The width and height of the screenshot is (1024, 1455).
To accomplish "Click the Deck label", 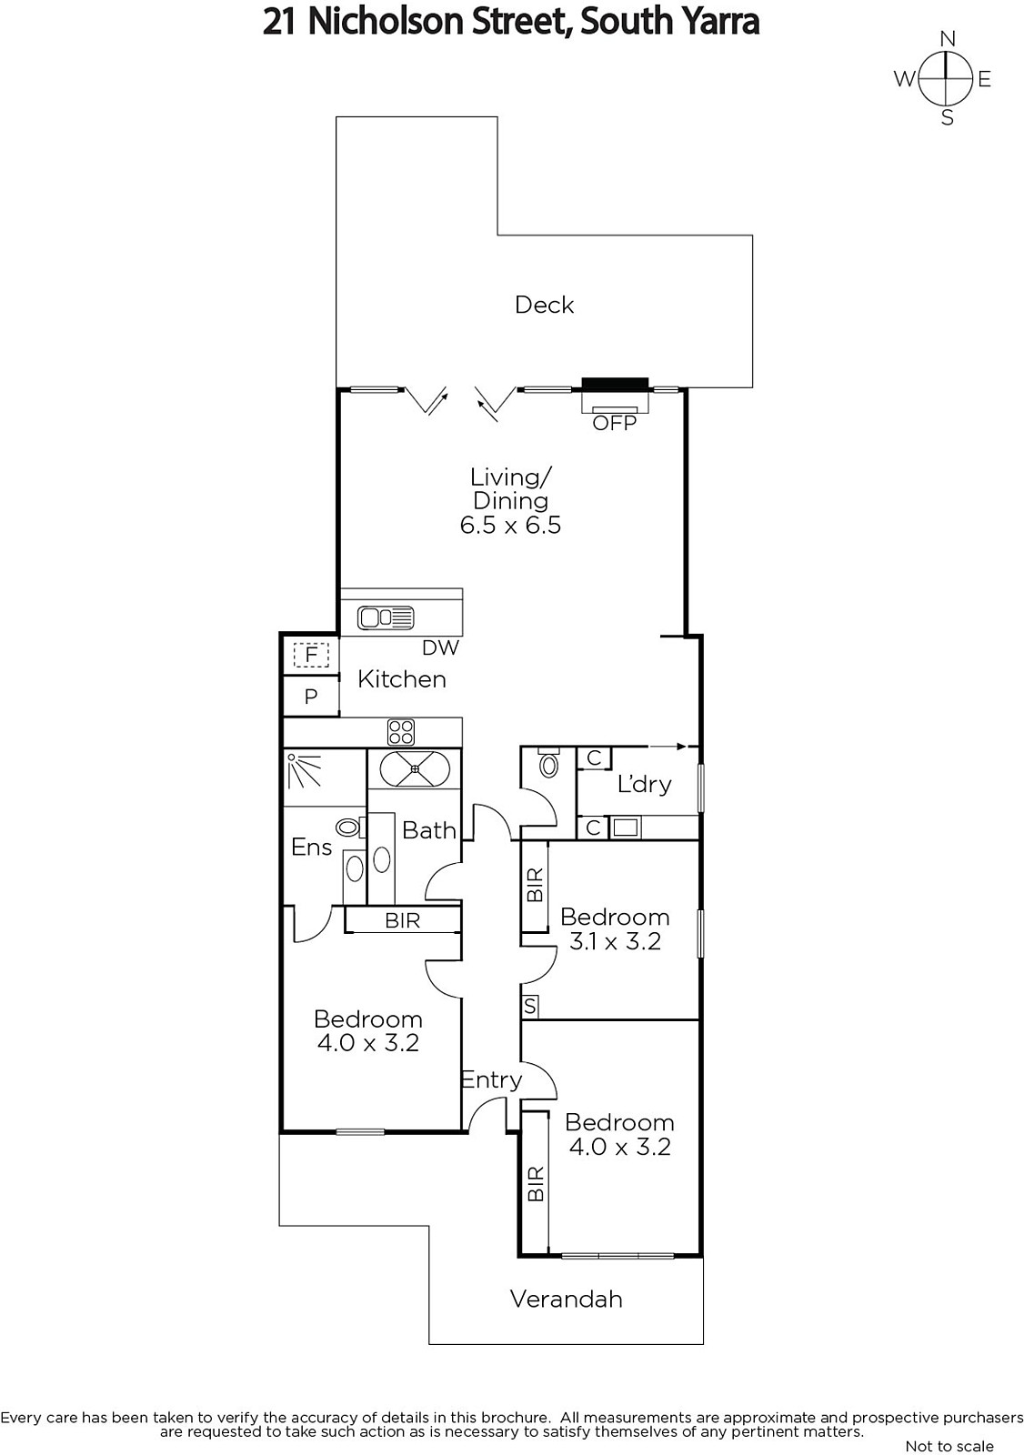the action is [x=544, y=305].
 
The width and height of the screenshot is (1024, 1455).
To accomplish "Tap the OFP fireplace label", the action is [x=614, y=424].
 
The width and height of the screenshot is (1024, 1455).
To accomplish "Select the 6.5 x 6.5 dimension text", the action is [x=510, y=525].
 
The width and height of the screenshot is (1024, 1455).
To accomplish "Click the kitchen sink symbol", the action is [x=386, y=617].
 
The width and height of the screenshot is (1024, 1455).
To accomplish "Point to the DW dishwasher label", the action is [x=440, y=647].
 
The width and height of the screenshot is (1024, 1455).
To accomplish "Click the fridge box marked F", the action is [x=311, y=655].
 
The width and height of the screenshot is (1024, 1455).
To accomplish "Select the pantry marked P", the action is [x=311, y=697].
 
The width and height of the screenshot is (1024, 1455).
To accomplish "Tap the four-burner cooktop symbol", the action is [x=401, y=732].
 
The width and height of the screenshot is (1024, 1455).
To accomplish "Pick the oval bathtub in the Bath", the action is [x=415, y=768].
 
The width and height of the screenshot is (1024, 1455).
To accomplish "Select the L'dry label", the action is [x=644, y=785].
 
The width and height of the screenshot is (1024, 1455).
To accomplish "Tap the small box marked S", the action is [x=530, y=1006].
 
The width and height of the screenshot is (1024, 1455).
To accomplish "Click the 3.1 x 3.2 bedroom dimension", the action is [x=615, y=941].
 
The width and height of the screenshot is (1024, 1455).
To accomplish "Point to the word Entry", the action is [x=491, y=1080].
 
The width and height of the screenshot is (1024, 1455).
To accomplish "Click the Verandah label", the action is [x=566, y=1299].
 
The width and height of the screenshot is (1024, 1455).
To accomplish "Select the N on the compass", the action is [x=948, y=39].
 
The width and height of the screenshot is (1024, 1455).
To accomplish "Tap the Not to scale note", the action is [x=949, y=1446].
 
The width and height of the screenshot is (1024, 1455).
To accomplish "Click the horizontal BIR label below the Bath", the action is [x=402, y=920].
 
